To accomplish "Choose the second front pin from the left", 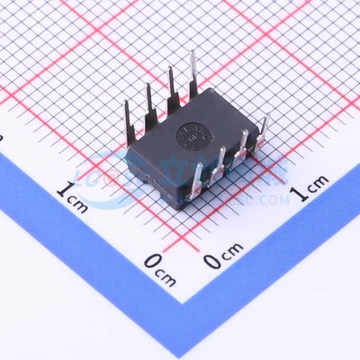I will [220, 163].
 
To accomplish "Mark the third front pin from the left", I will [242, 148].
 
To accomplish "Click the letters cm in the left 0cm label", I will [170, 265].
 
